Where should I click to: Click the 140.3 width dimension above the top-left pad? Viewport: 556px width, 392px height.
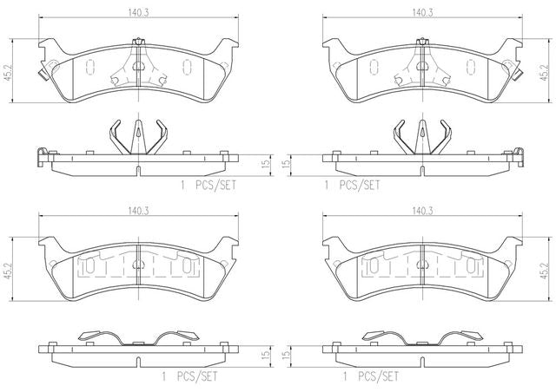pos(138,12)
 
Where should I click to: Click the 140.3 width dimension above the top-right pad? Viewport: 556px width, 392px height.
pos(422,12)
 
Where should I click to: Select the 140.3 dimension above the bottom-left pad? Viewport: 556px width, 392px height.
pos(138,211)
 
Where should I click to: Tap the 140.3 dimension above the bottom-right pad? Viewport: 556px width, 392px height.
pos(422,211)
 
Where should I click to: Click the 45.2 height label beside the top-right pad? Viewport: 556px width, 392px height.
pos(545,74)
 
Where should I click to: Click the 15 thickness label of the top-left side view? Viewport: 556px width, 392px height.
pos(266,163)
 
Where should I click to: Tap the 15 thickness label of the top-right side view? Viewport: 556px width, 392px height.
pos(286,163)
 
